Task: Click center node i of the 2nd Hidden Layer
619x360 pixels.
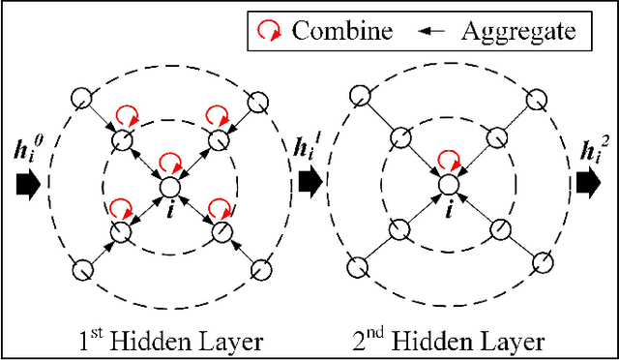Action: click(x=448, y=185)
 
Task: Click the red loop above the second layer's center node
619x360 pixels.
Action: click(x=449, y=159)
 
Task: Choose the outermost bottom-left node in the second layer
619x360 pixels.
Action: click(x=359, y=268)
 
